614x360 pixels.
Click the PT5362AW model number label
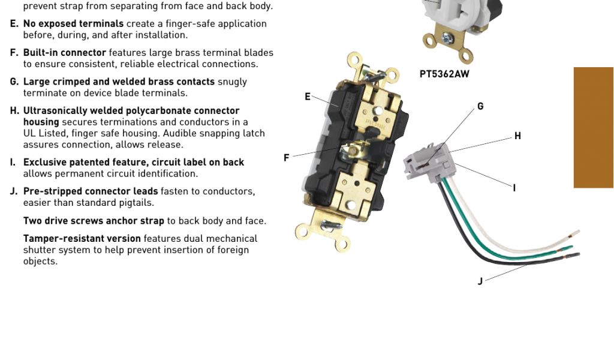pos(444,74)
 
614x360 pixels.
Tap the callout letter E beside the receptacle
pos(308,97)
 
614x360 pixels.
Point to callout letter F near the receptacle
pos(287,158)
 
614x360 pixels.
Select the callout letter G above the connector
pos(480,106)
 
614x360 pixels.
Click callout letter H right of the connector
pos(517,136)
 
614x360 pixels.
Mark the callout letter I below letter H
pos(514,188)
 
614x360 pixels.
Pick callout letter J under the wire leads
pos(480,281)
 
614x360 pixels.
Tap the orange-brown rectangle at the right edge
pos(593,127)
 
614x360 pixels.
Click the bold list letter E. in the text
pos(14,24)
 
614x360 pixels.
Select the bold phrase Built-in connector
pos(64,53)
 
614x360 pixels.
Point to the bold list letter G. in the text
pos(14,82)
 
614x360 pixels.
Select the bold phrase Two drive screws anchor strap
pos(94,221)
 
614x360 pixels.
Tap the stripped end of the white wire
pos(572,234)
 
